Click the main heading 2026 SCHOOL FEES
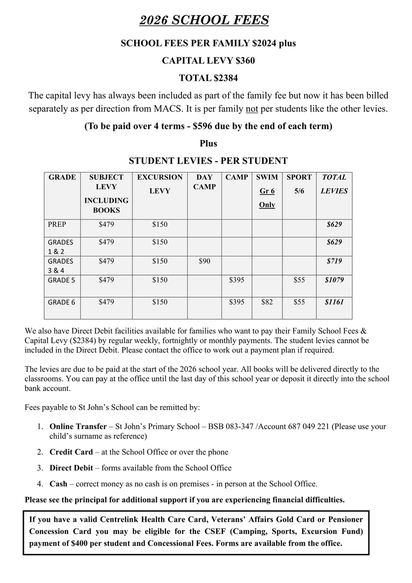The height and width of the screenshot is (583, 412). (204, 20)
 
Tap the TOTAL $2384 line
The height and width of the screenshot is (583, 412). (208, 78)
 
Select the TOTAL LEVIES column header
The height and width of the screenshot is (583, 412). (334, 184)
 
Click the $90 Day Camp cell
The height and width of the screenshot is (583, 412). (205, 261)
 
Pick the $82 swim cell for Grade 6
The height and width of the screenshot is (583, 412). (267, 302)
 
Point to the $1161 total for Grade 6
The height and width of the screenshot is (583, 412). (334, 302)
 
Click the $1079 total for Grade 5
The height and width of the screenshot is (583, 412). (334, 280)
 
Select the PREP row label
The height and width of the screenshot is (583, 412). (57, 224)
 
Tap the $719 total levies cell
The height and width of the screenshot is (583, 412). (334, 261)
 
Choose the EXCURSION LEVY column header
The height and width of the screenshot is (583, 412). (160, 184)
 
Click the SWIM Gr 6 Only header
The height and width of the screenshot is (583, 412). (267, 191)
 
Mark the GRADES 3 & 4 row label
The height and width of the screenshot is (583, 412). (61, 265)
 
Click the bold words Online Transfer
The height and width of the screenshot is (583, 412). (78, 427)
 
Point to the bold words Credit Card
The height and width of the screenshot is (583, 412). (71, 452)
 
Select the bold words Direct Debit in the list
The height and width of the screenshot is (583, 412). (72, 468)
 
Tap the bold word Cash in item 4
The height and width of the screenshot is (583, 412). (58, 484)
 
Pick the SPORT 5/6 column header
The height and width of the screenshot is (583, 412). (299, 184)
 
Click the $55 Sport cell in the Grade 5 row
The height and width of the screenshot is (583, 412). (299, 280)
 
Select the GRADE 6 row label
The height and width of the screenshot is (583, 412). (62, 302)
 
